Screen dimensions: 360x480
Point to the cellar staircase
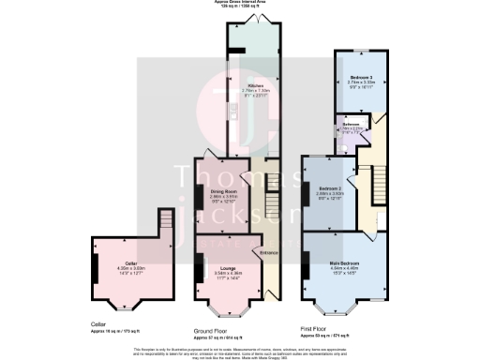click(x=166, y=222)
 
